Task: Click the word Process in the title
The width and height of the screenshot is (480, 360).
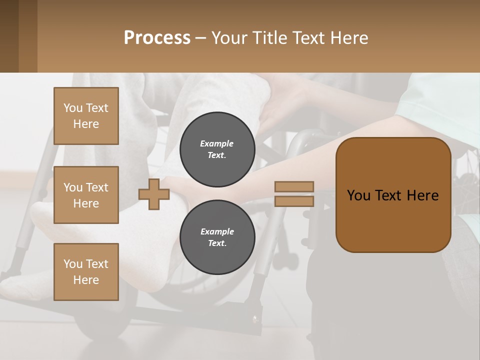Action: [x=157, y=38]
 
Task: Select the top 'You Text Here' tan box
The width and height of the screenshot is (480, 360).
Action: [x=86, y=116]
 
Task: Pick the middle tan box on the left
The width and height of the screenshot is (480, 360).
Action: [x=86, y=195]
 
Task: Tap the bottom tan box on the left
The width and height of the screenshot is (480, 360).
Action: [x=86, y=272]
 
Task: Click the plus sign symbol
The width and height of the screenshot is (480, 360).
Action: [x=154, y=194]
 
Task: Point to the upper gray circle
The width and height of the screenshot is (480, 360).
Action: [x=217, y=149]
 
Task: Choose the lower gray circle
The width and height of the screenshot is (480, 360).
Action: [x=217, y=237]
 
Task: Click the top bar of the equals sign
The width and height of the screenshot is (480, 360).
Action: [x=294, y=186]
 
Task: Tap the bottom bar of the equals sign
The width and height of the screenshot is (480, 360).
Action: [x=294, y=201]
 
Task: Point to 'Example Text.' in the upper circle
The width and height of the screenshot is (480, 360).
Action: [x=217, y=149]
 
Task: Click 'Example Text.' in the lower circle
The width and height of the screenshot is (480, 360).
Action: [x=217, y=237]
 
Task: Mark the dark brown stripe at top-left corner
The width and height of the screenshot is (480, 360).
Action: [x=9, y=36]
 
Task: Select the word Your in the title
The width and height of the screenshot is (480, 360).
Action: [x=229, y=38]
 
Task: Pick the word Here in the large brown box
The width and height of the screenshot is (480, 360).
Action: [x=423, y=195]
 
